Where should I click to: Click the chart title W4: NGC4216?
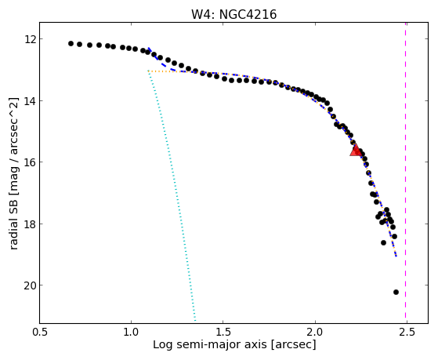pos(233,14)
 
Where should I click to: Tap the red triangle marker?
pos(356,151)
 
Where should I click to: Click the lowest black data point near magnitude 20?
pos(396,292)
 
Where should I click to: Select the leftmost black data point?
pos(71,43)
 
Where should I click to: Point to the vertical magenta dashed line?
pos(405,173)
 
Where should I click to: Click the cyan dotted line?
pos(172,196)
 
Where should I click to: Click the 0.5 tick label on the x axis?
pos(40,333)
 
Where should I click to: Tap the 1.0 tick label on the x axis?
pos(132,333)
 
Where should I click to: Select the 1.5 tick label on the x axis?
pos(223,333)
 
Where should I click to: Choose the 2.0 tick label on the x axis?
pos(315,333)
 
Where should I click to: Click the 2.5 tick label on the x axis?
pos(407,333)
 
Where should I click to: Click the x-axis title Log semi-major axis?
pos(210,344)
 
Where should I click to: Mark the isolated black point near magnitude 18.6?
pos(383,242)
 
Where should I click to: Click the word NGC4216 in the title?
pos(248,14)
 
